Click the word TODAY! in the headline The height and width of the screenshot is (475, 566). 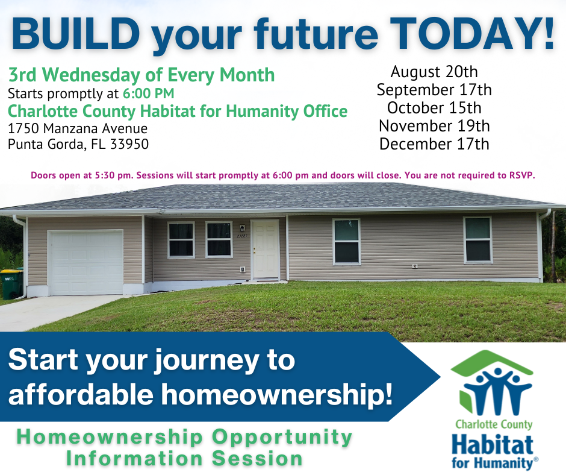click(x=472, y=33)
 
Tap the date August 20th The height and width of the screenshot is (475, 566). click(x=434, y=72)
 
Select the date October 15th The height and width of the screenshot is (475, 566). click(x=434, y=108)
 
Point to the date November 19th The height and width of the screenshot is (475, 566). click(x=434, y=126)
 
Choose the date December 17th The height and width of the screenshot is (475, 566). click(x=434, y=144)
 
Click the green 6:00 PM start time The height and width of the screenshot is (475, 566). click(x=148, y=93)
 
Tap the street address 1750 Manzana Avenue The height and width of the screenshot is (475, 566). click(x=78, y=128)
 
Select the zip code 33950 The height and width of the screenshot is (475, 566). click(x=129, y=144)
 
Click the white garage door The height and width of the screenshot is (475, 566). click(x=86, y=263)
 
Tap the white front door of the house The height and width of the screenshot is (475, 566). click(x=266, y=250)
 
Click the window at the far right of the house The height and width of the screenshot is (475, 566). click(x=478, y=240)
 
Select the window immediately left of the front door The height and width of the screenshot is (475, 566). click(x=219, y=239)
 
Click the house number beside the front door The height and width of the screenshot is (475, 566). click(x=242, y=236)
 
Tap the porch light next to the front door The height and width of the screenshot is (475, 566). click(x=242, y=228)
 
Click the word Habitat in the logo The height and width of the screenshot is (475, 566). click(x=493, y=445)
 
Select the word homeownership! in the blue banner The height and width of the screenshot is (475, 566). click(x=276, y=394)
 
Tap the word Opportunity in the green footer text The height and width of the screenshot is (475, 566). click(x=282, y=438)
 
